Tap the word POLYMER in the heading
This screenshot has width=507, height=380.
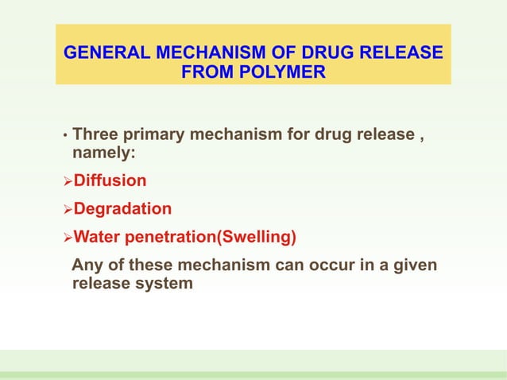(285, 73)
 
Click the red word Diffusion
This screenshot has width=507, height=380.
(110, 180)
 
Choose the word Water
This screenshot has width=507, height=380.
(96, 236)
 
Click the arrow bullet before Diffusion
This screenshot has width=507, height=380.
(68, 181)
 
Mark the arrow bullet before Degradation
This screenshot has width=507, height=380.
(68, 210)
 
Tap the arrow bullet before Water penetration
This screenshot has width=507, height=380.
(68, 237)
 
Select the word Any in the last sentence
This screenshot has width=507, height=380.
(85, 265)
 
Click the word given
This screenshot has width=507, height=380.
(414, 265)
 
